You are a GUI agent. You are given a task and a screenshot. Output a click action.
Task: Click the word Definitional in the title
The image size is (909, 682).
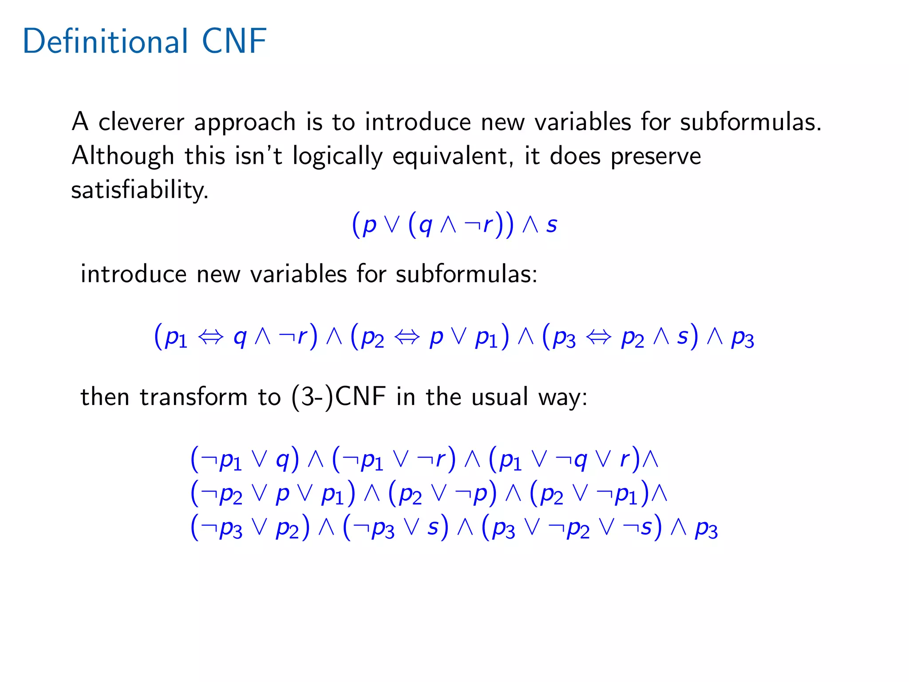106,41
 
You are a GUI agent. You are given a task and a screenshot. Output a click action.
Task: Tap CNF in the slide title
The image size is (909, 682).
234,41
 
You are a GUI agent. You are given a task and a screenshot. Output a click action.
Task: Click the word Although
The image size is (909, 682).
123,156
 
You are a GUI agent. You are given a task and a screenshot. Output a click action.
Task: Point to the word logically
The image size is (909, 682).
337,157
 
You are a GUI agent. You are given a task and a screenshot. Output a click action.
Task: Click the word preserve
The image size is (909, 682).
656,157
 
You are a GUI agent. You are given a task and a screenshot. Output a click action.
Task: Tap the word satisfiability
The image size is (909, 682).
140,190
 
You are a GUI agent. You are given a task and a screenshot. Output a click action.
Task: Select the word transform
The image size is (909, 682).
194,397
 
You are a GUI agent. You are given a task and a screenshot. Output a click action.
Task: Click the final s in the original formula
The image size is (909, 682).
551,224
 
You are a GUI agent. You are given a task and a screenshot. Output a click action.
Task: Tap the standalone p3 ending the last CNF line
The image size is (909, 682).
706,528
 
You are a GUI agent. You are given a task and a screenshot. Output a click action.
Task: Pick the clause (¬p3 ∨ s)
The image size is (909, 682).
395,528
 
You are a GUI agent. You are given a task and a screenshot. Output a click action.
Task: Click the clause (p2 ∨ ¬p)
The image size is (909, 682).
442,493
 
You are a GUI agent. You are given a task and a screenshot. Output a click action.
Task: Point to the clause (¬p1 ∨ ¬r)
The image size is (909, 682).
394,459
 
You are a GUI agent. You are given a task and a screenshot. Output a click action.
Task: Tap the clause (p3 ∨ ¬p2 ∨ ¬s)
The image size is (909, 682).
571,528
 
